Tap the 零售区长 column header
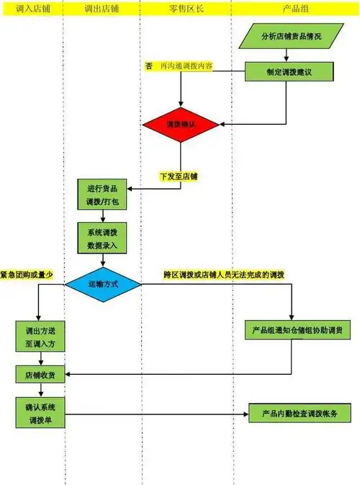coord(185,7)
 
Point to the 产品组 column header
coord(295,7)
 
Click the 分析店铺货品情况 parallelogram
coord(290,36)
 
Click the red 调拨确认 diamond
coord(181,124)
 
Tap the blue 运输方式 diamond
coord(103,284)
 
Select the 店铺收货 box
coord(40,374)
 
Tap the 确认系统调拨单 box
coord(40,413)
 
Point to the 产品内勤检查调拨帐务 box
coord(296,414)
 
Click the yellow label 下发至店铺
coord(179,176)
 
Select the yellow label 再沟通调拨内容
coord(186,66)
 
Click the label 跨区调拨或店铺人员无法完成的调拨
coord(223,275)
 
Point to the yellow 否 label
coord(148,66)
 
